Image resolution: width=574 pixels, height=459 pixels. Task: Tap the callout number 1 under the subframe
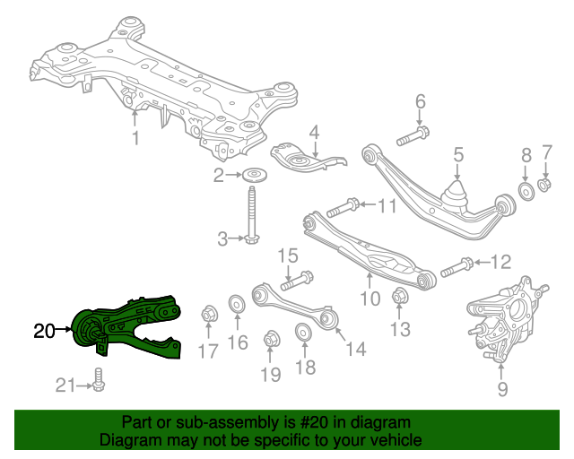click(135, 138)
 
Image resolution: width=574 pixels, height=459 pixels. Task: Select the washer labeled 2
click(255, 176)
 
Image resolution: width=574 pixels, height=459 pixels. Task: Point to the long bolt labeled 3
click(251, 216)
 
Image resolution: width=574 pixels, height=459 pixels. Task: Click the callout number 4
click(315, 134)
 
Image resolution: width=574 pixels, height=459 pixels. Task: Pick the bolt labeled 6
click(413, 136)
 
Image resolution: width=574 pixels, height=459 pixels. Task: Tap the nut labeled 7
click(544, 184)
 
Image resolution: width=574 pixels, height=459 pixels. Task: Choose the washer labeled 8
click(526, 191)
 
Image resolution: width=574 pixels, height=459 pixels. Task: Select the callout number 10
click(370, 299)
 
